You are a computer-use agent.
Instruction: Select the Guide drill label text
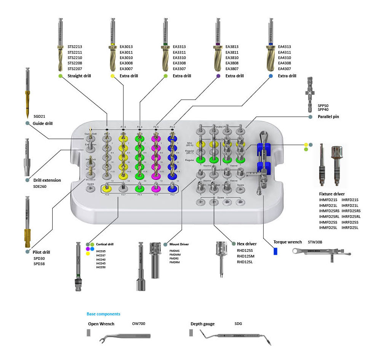point(43,123)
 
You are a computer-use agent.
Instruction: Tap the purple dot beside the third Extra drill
point(218,76)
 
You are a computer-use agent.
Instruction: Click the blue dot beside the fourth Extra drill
point(271,76)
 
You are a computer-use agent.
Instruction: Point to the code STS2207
point(75,68)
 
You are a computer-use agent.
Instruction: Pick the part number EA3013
point(126,47)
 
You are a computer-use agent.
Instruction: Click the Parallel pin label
point(328,117)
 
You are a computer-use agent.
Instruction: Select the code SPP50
point(323,105)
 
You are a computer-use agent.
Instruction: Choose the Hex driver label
point(247,244)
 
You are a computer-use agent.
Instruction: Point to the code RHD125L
point(245,262)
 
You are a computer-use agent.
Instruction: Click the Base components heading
point(103,314)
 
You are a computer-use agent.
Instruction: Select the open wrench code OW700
point(139,324)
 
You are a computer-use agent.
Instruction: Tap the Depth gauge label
point(202,324)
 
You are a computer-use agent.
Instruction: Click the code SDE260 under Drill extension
point(42,186)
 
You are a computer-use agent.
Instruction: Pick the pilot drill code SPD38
point(39,264)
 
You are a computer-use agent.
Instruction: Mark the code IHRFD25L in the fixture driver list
point(350,227)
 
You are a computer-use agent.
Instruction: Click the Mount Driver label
point(179,244)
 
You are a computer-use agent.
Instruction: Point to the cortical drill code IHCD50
point(101,267)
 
